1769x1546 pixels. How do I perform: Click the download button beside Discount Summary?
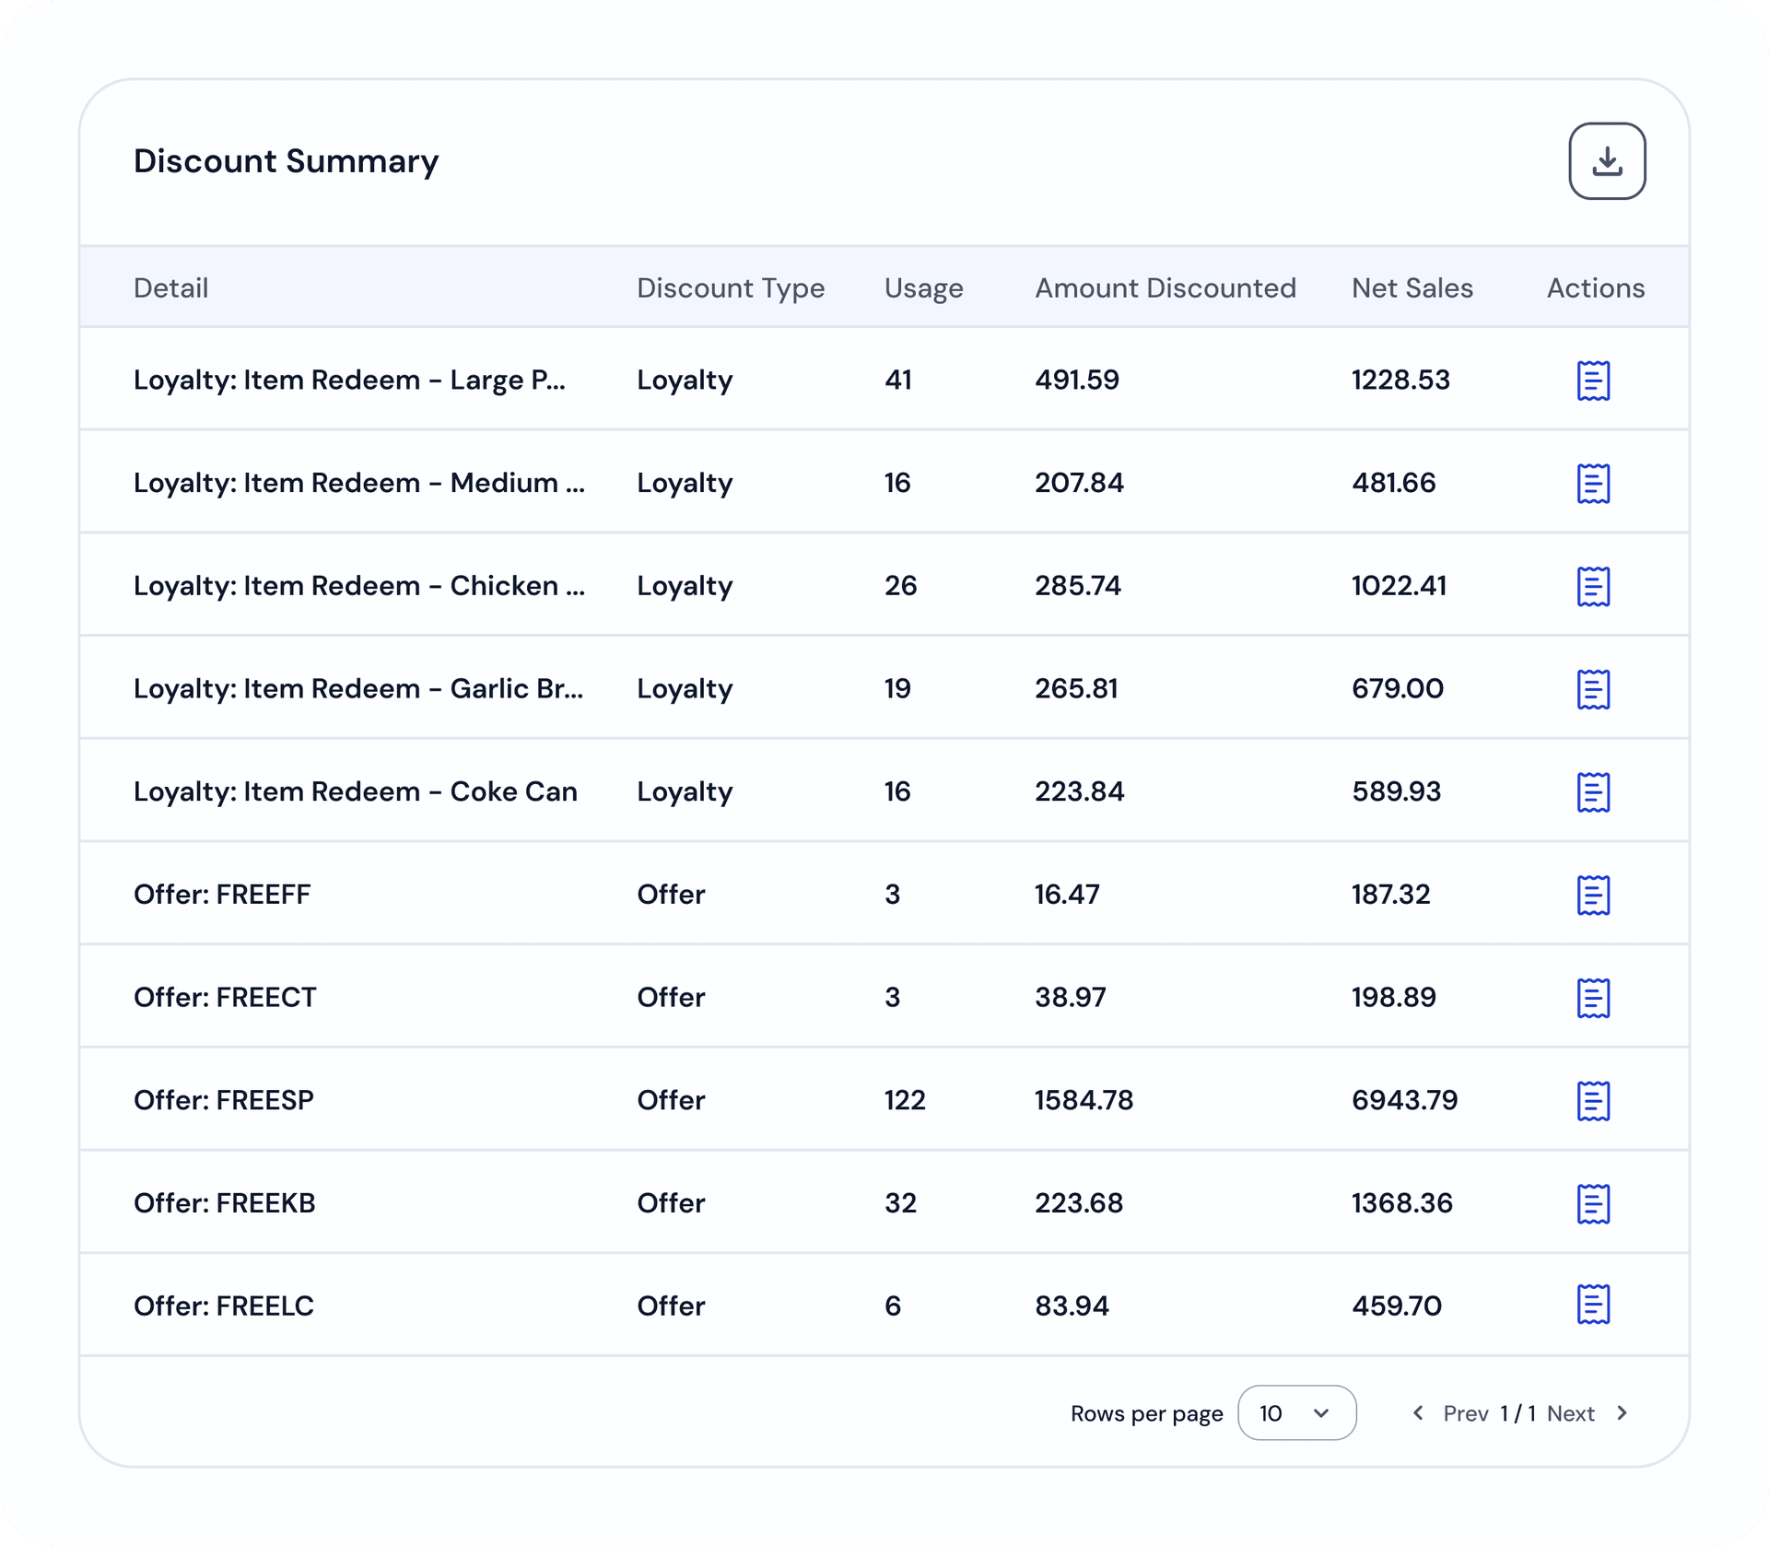click(1607, 161)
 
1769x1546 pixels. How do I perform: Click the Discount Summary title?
click(286, 161)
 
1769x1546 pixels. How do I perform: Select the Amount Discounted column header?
click(1165, 287)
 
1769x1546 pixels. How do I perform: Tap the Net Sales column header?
click(1412, 287)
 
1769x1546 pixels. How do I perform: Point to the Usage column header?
click(923, 288)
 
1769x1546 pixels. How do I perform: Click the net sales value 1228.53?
click(1400, 380)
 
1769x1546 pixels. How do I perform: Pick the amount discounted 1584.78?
click(1084, 1100)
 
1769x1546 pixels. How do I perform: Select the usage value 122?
click(905, 1100)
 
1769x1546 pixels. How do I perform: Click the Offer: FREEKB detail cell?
click(225, 1202)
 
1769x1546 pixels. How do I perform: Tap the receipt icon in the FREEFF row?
click(1593, 895)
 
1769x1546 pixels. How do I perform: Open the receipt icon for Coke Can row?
click(1593, 791)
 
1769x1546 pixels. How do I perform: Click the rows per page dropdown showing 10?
click(1296, 1412)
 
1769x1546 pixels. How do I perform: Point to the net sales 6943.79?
click(1404, 1100)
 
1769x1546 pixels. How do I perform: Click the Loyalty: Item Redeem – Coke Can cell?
click(356, 791)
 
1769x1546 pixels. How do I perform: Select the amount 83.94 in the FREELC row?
click(1072, 1306)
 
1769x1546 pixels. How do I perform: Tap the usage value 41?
click(898, 380)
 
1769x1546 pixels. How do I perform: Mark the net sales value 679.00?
click(1398, 688)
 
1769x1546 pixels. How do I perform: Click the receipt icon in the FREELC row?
click(1593, 1305)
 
